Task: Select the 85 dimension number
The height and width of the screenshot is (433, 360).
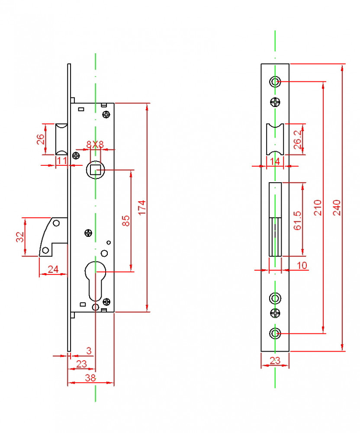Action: point(126,221)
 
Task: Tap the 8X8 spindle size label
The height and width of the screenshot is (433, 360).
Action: point(95,145)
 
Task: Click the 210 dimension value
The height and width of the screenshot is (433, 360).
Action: point(318,208)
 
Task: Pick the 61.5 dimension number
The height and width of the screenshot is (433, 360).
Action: point(298,220)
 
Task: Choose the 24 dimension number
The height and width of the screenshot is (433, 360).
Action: point(53,269)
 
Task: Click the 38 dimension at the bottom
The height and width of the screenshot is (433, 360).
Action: point(90,378)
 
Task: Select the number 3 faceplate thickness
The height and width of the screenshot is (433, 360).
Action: point(89,350)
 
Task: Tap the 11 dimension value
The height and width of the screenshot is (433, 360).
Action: point(61,160)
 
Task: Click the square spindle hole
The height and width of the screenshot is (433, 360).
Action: point(95,169)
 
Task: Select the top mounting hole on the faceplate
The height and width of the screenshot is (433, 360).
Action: point(275,81)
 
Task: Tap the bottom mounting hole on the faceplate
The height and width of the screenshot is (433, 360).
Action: point(275,333)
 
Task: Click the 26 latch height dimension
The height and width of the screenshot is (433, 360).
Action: point(40,139)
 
